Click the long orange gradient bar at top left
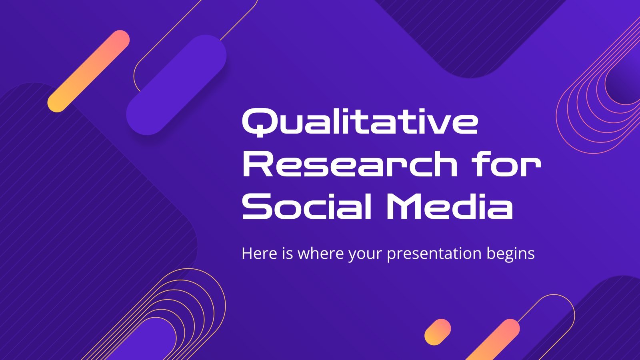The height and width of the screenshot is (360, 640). click(x=88, y=71)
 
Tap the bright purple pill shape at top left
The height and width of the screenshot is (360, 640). click(x=176, y=85)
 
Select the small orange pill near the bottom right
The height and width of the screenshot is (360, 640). click(x=438, y=332)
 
